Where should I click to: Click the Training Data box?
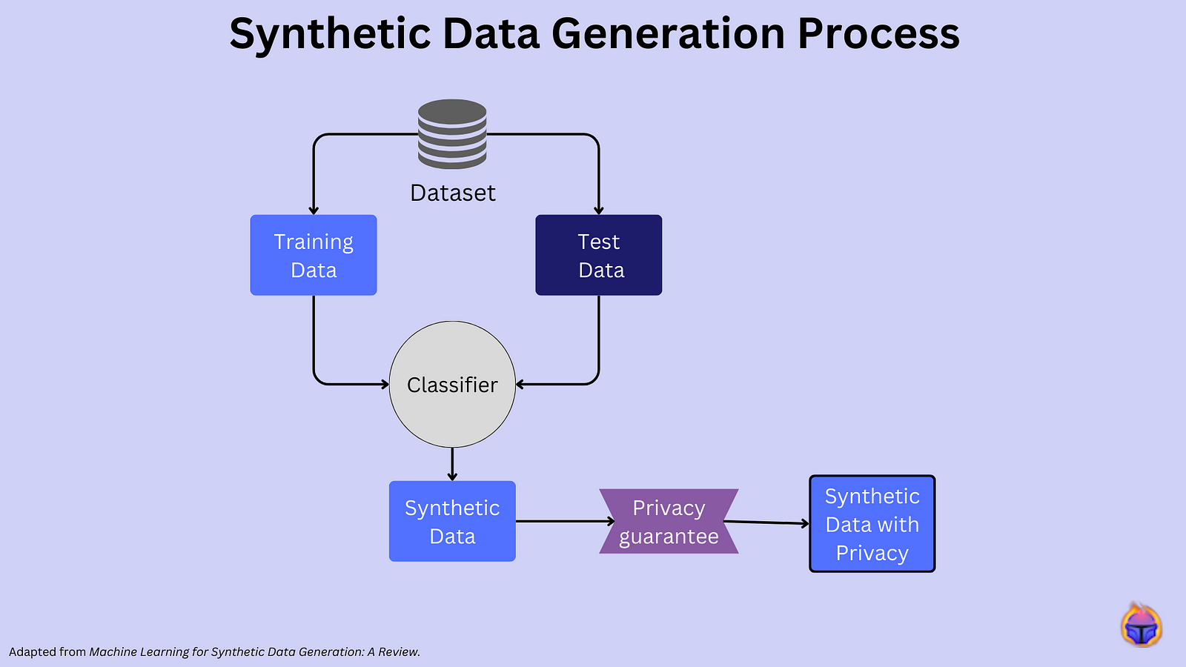point(314,255)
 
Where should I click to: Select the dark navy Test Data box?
point(598,255)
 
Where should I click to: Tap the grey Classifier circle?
point(452,385)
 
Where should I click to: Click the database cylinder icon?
point(452,133)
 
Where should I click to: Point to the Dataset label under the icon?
point(452,193)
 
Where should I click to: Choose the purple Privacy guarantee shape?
point(669,522)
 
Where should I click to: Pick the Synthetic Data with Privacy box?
point(872,524)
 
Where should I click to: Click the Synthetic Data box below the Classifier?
point(452,521)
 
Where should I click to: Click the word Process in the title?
point(878,34)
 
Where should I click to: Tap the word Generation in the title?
point(668,34)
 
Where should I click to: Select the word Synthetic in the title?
point(330,34)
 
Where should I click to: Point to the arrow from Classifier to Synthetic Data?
point(452,465)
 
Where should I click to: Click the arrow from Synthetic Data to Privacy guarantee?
point(563,521)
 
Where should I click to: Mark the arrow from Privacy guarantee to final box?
point(767,522)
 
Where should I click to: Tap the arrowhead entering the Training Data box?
point(314,210)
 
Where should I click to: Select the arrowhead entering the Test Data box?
point(598,210)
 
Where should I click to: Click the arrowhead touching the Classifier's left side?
point(385,384)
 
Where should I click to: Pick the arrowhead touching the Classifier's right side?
point(520,384)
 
